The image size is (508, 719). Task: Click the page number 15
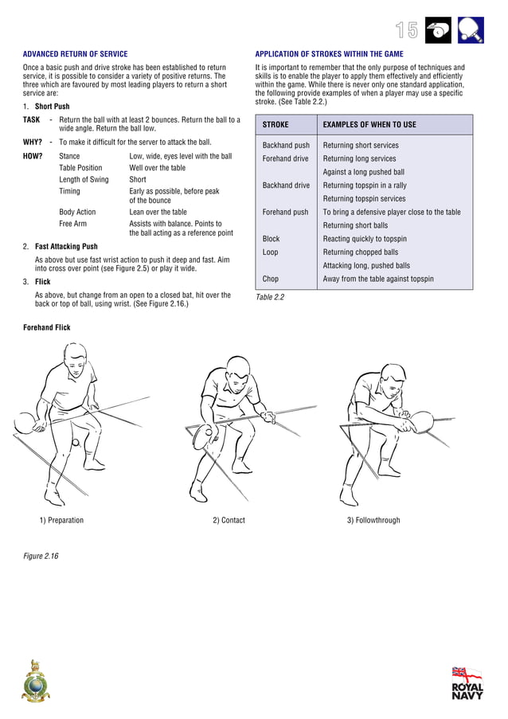(x=407, y=30)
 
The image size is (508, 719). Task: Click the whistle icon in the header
(x=439, y=30)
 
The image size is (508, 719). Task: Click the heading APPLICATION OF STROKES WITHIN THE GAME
(x=329, y=55)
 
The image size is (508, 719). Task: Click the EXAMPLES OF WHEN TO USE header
(x=369, y=125)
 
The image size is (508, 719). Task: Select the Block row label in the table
(x=272, y=239)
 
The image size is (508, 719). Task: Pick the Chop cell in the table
(x=271, y=279)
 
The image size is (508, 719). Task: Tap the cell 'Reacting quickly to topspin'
(x=365, y=239)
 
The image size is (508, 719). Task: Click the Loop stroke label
(x=271, y=252)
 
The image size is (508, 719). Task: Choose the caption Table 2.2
(x=270, y=298)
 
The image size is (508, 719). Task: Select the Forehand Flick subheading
(x=47, y=328)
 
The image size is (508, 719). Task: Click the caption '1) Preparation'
(x=61, y=521)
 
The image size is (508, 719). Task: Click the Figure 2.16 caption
(x=41, y=556)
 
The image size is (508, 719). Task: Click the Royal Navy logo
(x=467, y=683)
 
